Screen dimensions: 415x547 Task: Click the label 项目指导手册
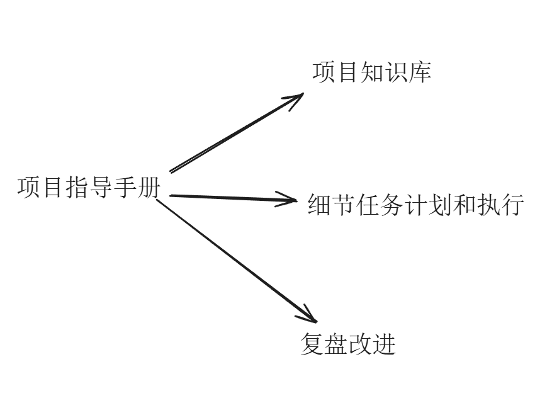[x=89, y=188]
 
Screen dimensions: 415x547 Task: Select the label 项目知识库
[x=372, y=72]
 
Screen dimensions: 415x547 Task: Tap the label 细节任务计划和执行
[x=416, y=205]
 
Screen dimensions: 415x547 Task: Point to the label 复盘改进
[x=348, y=344]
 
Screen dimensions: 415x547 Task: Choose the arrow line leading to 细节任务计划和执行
[x=227, y=198]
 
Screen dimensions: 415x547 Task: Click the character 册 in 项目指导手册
[x=149, y=188]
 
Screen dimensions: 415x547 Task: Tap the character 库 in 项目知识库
[x=420, y=72]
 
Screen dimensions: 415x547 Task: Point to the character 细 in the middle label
[x=319, y=205]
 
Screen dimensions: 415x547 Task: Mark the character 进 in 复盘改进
[x=384, y=344]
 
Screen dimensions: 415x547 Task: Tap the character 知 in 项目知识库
[x=372, y=72]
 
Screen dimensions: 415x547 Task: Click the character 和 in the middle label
[x=465, y=205]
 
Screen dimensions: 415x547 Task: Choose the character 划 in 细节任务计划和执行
[x=441, y=205]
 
